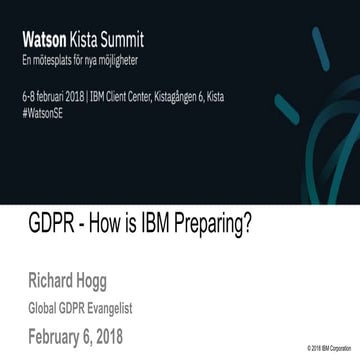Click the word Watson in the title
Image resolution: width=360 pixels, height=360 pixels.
pyautogui.click(x=43, y=42)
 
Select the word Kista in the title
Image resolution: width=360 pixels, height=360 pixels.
pyautogui.click(x=83, y=42)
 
